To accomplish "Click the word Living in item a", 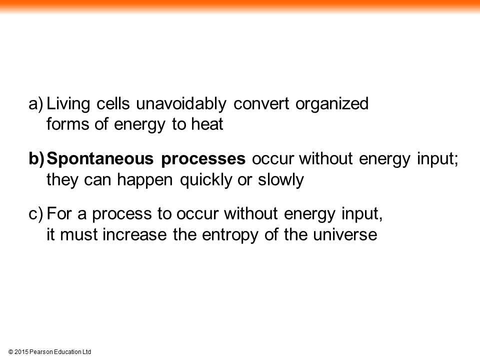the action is [x=68, y=104].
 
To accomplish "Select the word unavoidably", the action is [x=181, y=104].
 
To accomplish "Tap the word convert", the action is [x=261, y=104].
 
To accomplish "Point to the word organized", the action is [x=332, y=104].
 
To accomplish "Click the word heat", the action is [x=207, y=124].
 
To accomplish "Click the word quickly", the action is [x=205, y=180].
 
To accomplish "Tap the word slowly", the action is [x=280, y=180].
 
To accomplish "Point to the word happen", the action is [x=145, y=180].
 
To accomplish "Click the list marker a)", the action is [x=36, y=104].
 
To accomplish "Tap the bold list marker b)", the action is [x=36, y=159].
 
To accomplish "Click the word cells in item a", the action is [x=113, y=104].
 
